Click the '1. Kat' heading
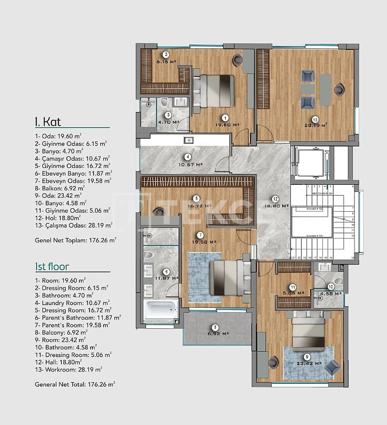click(49, 122)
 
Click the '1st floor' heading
click(52, 267)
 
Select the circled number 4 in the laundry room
click(188, 157)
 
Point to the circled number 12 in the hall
click(275, 199)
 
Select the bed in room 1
click(213, 91)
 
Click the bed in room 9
click(308, 331)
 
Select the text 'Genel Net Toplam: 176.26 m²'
click(75, 239)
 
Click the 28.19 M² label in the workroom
click(316, 125)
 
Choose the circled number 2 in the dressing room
click(165, 55)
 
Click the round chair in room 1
click(237, 60)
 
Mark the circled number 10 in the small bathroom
click(331, 287)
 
